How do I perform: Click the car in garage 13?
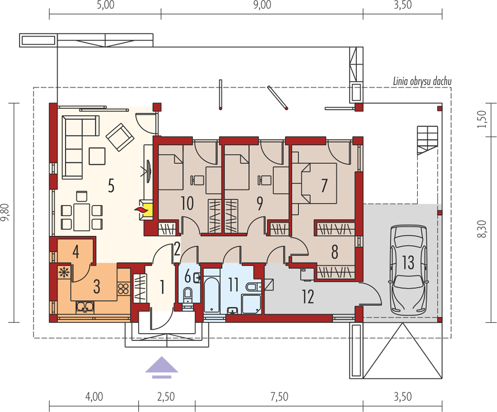pos(408,270)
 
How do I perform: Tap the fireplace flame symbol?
pos(140,209)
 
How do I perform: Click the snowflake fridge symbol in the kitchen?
pos(64,272)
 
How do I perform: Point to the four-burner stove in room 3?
pos(123,288)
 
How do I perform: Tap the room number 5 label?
pos(111,185)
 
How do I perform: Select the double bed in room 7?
pos(319,183)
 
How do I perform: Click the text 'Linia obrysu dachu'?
pos(422,81)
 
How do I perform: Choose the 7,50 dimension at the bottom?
pos(279,396)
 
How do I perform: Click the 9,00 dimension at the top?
pos(262,5)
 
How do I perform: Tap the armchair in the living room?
pos(119,138)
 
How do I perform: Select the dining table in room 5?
pos(81,217)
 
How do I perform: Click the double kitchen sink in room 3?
pos(85,306)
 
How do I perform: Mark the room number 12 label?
pos(308,297)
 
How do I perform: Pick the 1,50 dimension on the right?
pos(481,119)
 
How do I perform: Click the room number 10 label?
pos(187,203)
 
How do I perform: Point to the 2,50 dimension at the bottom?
pos(166,396)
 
